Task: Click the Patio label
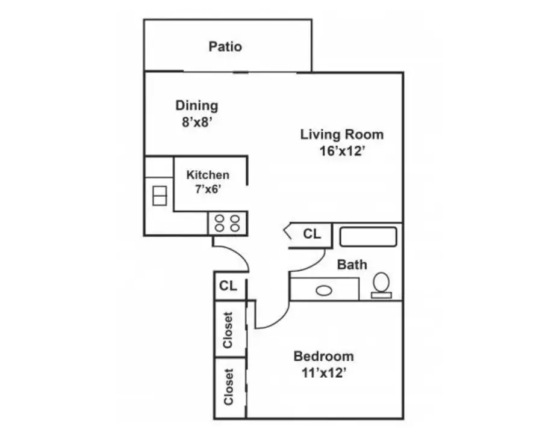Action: tap(225, 46)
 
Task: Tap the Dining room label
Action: tap(196, 106)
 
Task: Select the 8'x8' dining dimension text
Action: tap(198, 122)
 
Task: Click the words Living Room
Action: tap(342, 135)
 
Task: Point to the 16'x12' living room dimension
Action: tap(342, 151)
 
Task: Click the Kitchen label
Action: tap(208, 175)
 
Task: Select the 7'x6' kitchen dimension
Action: tap(208, 189)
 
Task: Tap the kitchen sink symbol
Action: tap(160, 196)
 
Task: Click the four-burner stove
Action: tap(227, 223)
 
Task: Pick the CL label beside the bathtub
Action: tap(312, 234)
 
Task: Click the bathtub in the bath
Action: tap(368, 236)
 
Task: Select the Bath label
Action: tap(352, 265)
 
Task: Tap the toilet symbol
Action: tap(381, 285)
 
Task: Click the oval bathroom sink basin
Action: tap(324, 290)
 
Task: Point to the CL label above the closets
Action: tap(228, 286)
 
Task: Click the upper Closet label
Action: tap(228, 330)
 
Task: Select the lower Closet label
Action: tap(228, 387)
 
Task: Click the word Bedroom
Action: tap(323, 356)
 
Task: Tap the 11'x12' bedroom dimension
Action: tap(324, 373)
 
